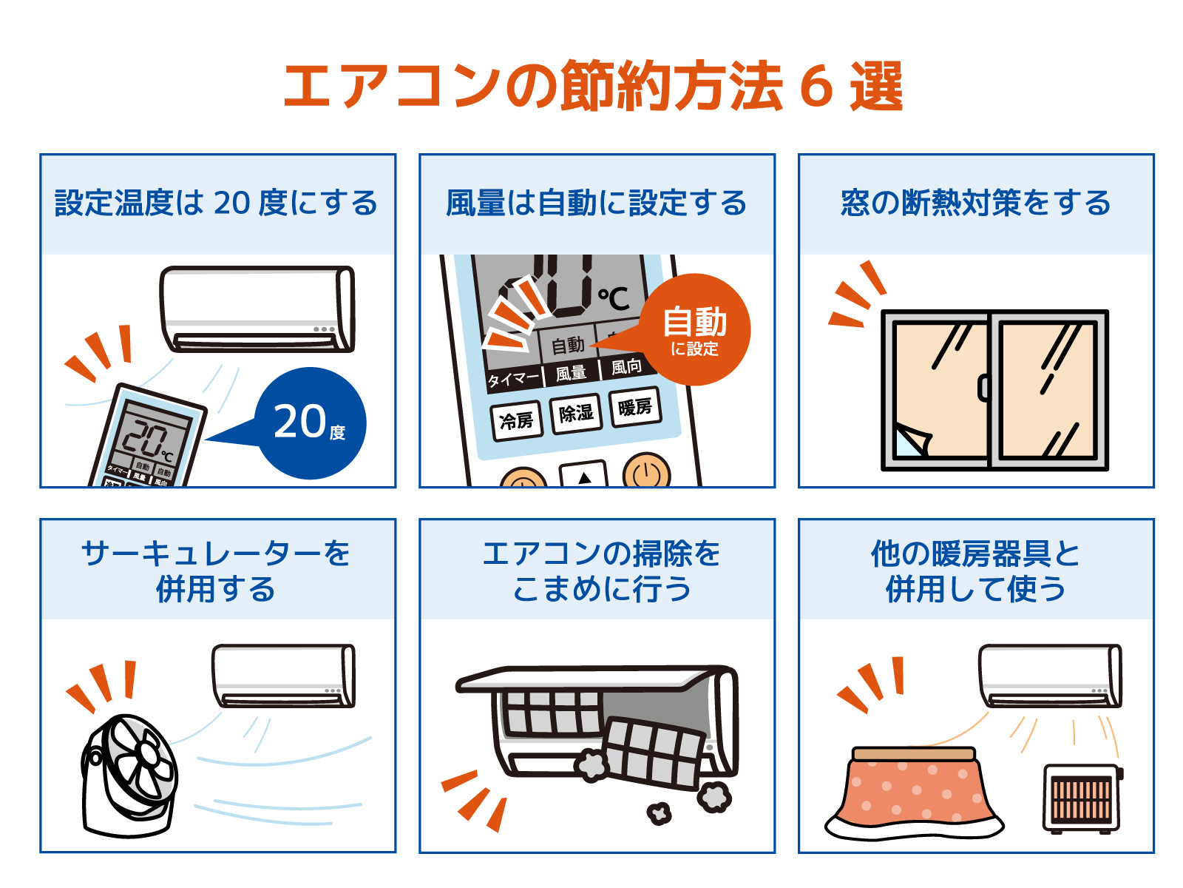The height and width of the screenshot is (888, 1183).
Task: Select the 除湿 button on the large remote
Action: click(575, 414)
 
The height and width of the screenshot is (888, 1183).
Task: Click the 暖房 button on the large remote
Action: click(635, 407)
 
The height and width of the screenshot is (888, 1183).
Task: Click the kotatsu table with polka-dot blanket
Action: click(914, 793)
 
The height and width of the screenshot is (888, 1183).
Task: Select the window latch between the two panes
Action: click(983, 388)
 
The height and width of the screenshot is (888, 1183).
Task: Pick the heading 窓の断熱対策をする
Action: click(975, 203)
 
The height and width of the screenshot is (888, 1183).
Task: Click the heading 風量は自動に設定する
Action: click(596, 203)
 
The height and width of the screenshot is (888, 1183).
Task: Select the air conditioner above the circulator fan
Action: click(283, 676)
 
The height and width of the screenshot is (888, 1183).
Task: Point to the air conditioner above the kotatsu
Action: click(1050, 676)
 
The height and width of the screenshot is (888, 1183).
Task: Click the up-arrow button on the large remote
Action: click(584, 474)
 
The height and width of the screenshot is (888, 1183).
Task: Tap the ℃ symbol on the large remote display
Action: click(614, 298)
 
